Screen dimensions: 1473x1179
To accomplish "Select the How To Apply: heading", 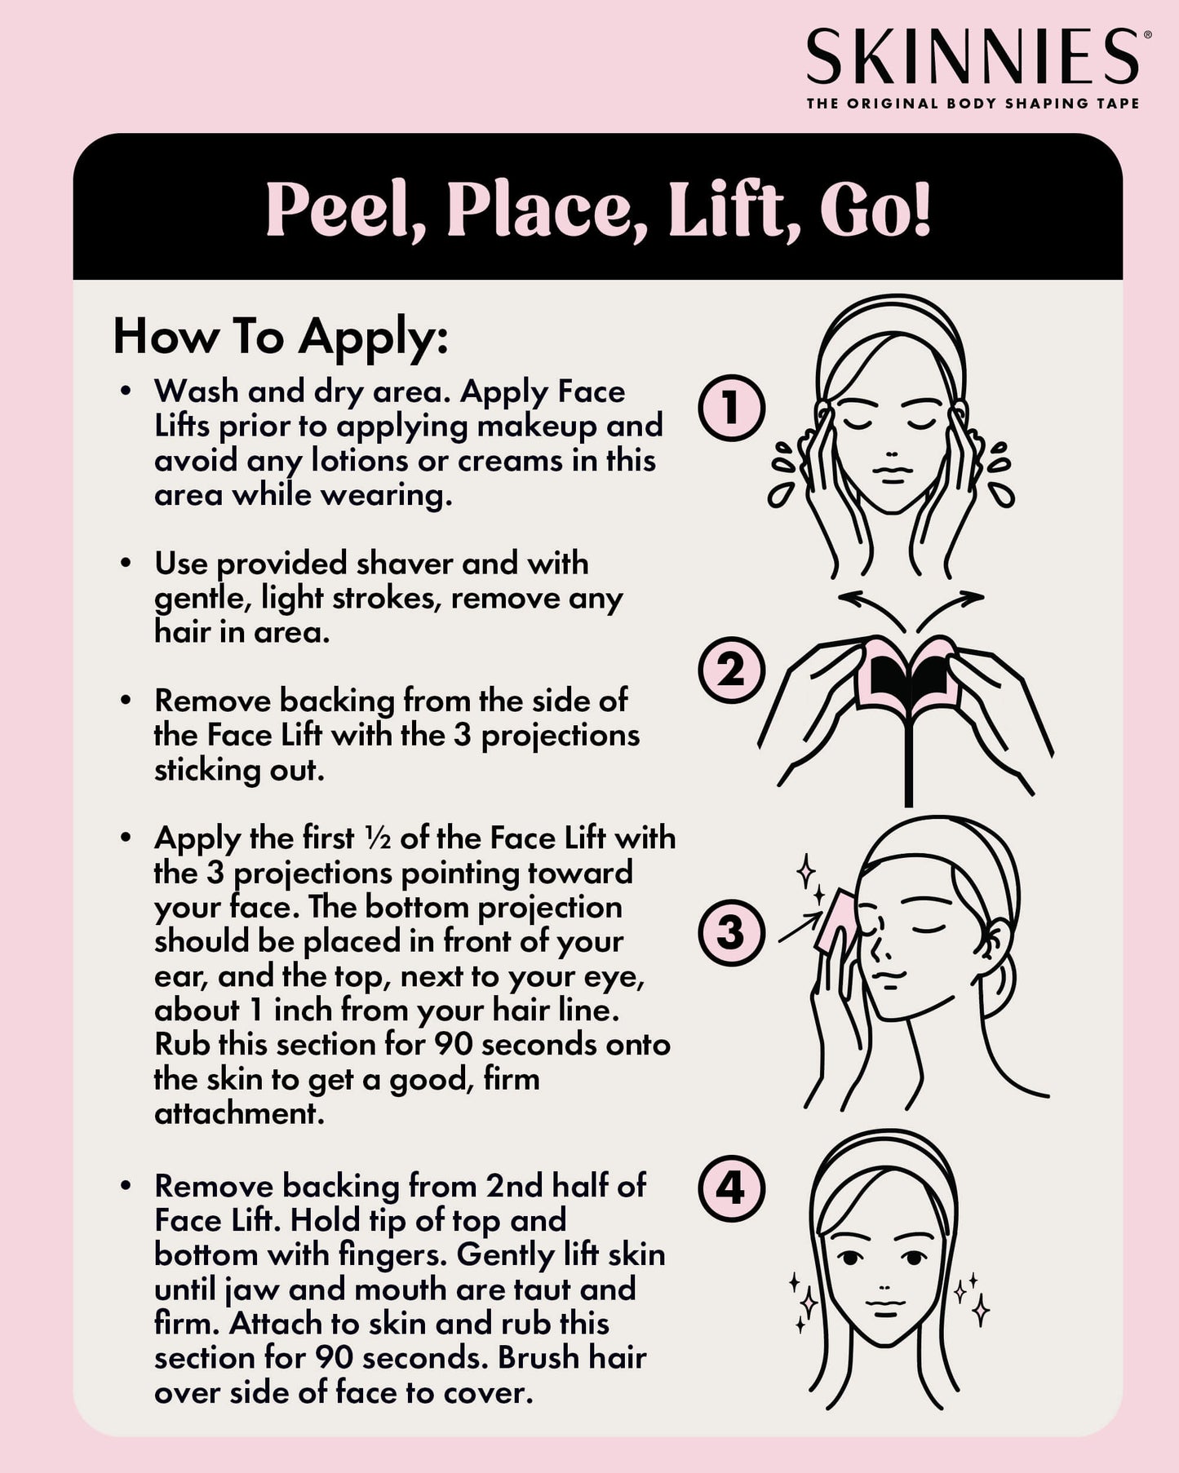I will point(281,337).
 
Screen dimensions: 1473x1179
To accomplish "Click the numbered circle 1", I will point(731,408).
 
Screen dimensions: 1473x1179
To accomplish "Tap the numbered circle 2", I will point(731,670).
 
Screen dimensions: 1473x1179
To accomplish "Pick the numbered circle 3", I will point(731,932).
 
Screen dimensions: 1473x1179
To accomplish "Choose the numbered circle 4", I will point(731,1188).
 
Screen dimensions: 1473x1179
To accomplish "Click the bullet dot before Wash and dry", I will point(125,392).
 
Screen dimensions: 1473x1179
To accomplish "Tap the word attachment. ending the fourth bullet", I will point(239,1113).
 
